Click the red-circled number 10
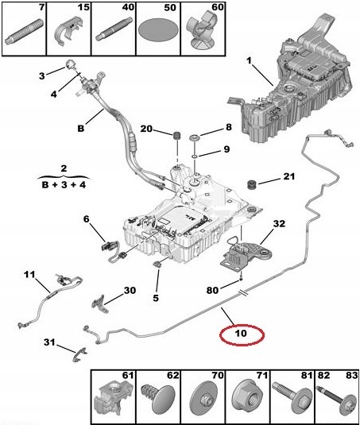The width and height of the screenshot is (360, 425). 241,333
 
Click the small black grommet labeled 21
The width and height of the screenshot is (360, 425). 253,184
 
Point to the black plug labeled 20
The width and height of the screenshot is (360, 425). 177,135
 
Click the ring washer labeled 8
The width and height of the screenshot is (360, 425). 195,138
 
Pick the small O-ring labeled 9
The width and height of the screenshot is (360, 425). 195,156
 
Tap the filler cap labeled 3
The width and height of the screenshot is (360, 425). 71,64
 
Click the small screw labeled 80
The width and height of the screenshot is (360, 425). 241,278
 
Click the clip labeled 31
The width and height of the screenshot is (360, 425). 79,355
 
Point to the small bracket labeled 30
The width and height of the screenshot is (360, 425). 100,303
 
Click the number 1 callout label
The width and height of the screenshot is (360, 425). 249,60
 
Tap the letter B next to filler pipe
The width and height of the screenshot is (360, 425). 80,128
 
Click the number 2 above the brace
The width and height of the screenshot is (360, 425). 64,168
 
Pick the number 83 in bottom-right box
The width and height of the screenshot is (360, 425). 351,376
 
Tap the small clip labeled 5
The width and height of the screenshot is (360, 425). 158,264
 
